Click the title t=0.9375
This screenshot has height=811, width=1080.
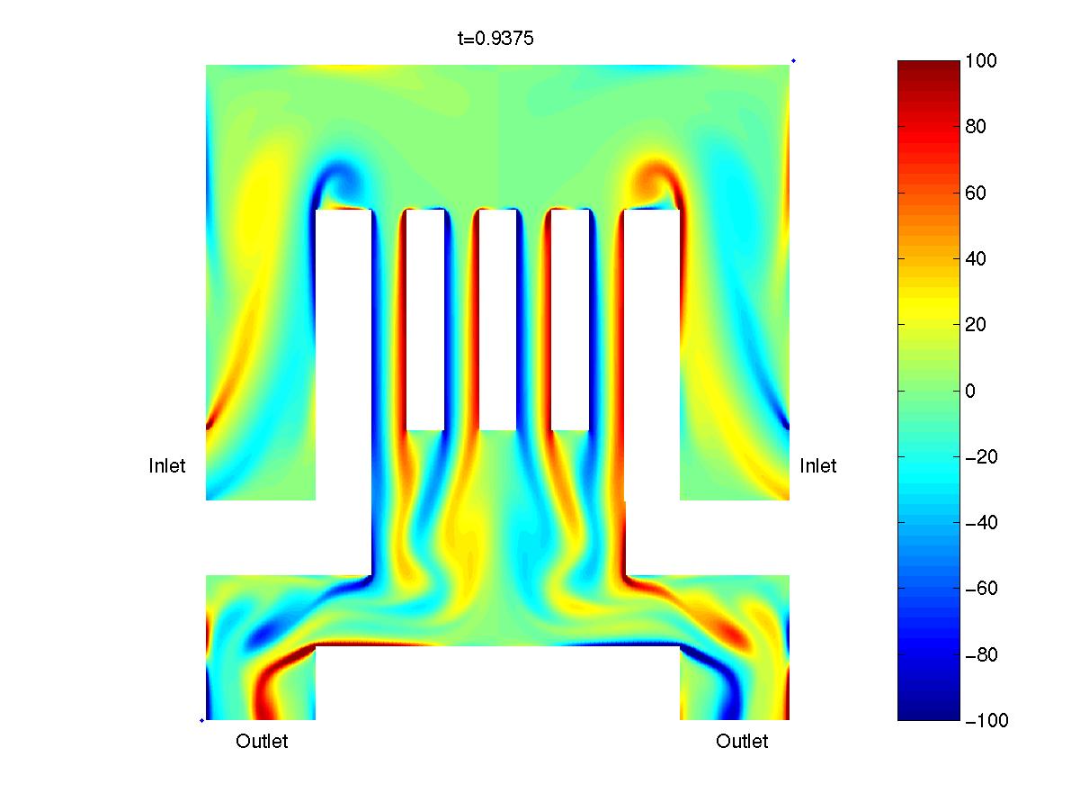pos(495,39)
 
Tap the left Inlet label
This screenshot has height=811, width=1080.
pos(166,466)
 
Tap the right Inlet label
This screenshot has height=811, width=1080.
pos(817,466)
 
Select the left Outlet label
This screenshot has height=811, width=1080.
pos(262,741)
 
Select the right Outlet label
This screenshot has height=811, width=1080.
pos(742,741)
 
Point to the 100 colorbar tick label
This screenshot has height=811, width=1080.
pos(980,60)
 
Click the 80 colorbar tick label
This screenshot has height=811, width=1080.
pos(976,127)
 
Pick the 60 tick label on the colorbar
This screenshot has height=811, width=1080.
pos(976,193)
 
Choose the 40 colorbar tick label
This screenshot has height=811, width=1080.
pos(976,258)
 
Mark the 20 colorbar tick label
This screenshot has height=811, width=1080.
pos(976,325)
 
